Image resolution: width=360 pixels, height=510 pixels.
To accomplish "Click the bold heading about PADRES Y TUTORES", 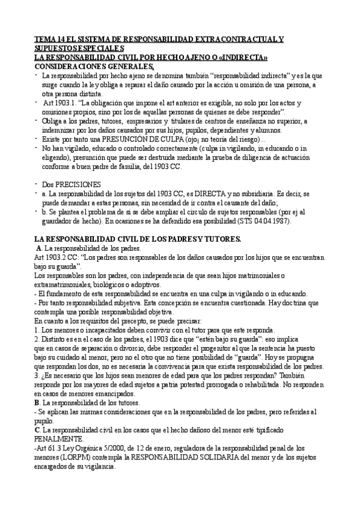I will tap(137, 239).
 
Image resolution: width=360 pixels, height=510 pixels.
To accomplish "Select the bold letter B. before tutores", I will tap(38, 402).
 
